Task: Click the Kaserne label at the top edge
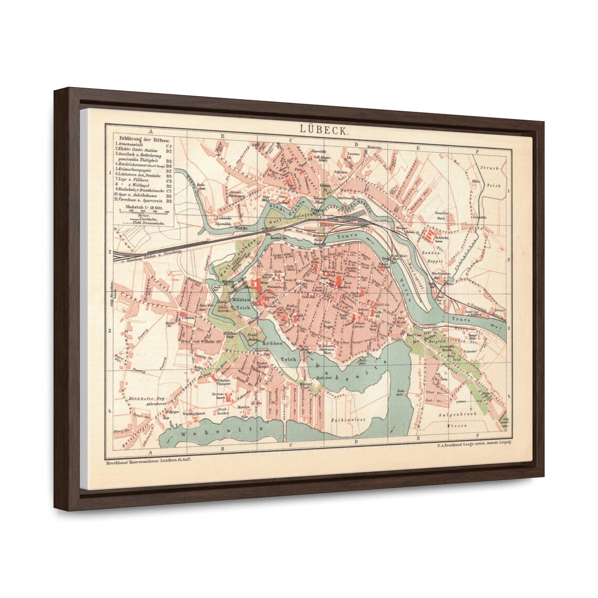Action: point(373,146)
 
